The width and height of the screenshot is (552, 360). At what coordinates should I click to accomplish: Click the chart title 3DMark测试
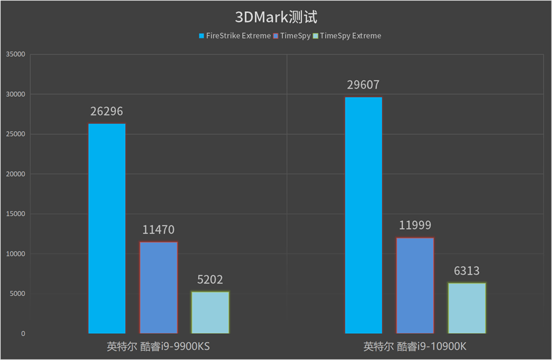tap(276, 17)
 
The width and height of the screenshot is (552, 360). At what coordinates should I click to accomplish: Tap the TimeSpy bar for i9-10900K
tap(415, 286)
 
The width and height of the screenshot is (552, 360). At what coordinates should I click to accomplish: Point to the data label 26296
tap(107, 112)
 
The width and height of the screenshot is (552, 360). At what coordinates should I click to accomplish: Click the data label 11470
tap(158, 230)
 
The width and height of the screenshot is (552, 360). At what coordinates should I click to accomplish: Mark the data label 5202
tap(210, 280)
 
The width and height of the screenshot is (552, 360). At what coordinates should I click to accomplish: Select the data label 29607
tap(363, 85)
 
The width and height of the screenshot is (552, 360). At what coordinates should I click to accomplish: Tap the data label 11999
tap(415, 225)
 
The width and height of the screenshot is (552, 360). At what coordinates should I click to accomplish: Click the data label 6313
tap(466, 271)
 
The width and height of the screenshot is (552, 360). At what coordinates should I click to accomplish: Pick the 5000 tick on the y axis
tap(15, 294)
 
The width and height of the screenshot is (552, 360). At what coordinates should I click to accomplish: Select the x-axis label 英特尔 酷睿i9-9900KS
tap(158, 346)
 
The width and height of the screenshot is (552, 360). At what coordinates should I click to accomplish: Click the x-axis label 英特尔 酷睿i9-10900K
tap(415, 346)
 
